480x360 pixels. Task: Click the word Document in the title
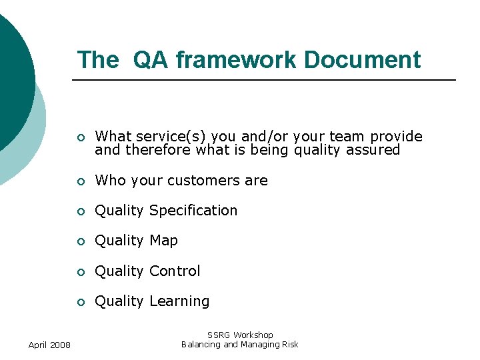click(x=362, y=60)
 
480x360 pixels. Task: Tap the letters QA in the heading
click(x=151, y=60)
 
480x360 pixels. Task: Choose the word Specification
click(x=193, y=211)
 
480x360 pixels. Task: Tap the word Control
click(x=175, y=271)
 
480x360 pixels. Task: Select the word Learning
click(x=179, y=301)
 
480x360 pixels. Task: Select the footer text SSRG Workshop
click(x=240, y=335)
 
